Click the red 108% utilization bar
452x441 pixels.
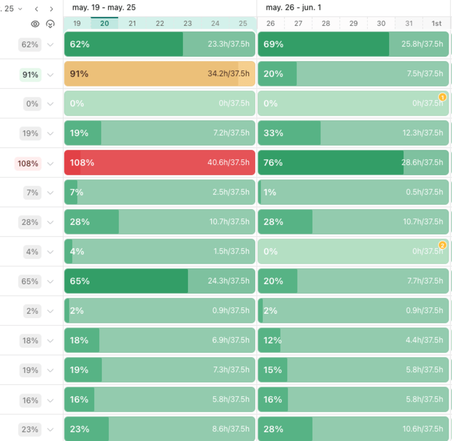click(x=160, y=163)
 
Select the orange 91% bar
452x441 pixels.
click(x=160, y=74)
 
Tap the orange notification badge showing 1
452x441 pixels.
click(x=443, y=97)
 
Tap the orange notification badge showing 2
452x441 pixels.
click(x=443, y=245)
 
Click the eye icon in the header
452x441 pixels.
click(x=35, y=24)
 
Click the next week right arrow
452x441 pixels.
click(x=52, y=9)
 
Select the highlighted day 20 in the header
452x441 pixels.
click(x=104, y=24)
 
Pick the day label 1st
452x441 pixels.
click(x=436, y=24)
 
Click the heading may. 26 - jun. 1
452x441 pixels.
click(x=293, y=8)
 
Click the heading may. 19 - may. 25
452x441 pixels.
click(x=104, y=8)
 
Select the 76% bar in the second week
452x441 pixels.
click(x=353, y=163)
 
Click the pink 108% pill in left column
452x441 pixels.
click(x=28, y=163)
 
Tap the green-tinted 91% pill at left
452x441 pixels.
click(x=30, y=75)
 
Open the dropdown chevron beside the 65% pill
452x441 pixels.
click(x=50, y=282)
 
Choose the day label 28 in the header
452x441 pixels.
click(x=326, y=24)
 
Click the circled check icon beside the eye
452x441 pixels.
click(x=50, y=24)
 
